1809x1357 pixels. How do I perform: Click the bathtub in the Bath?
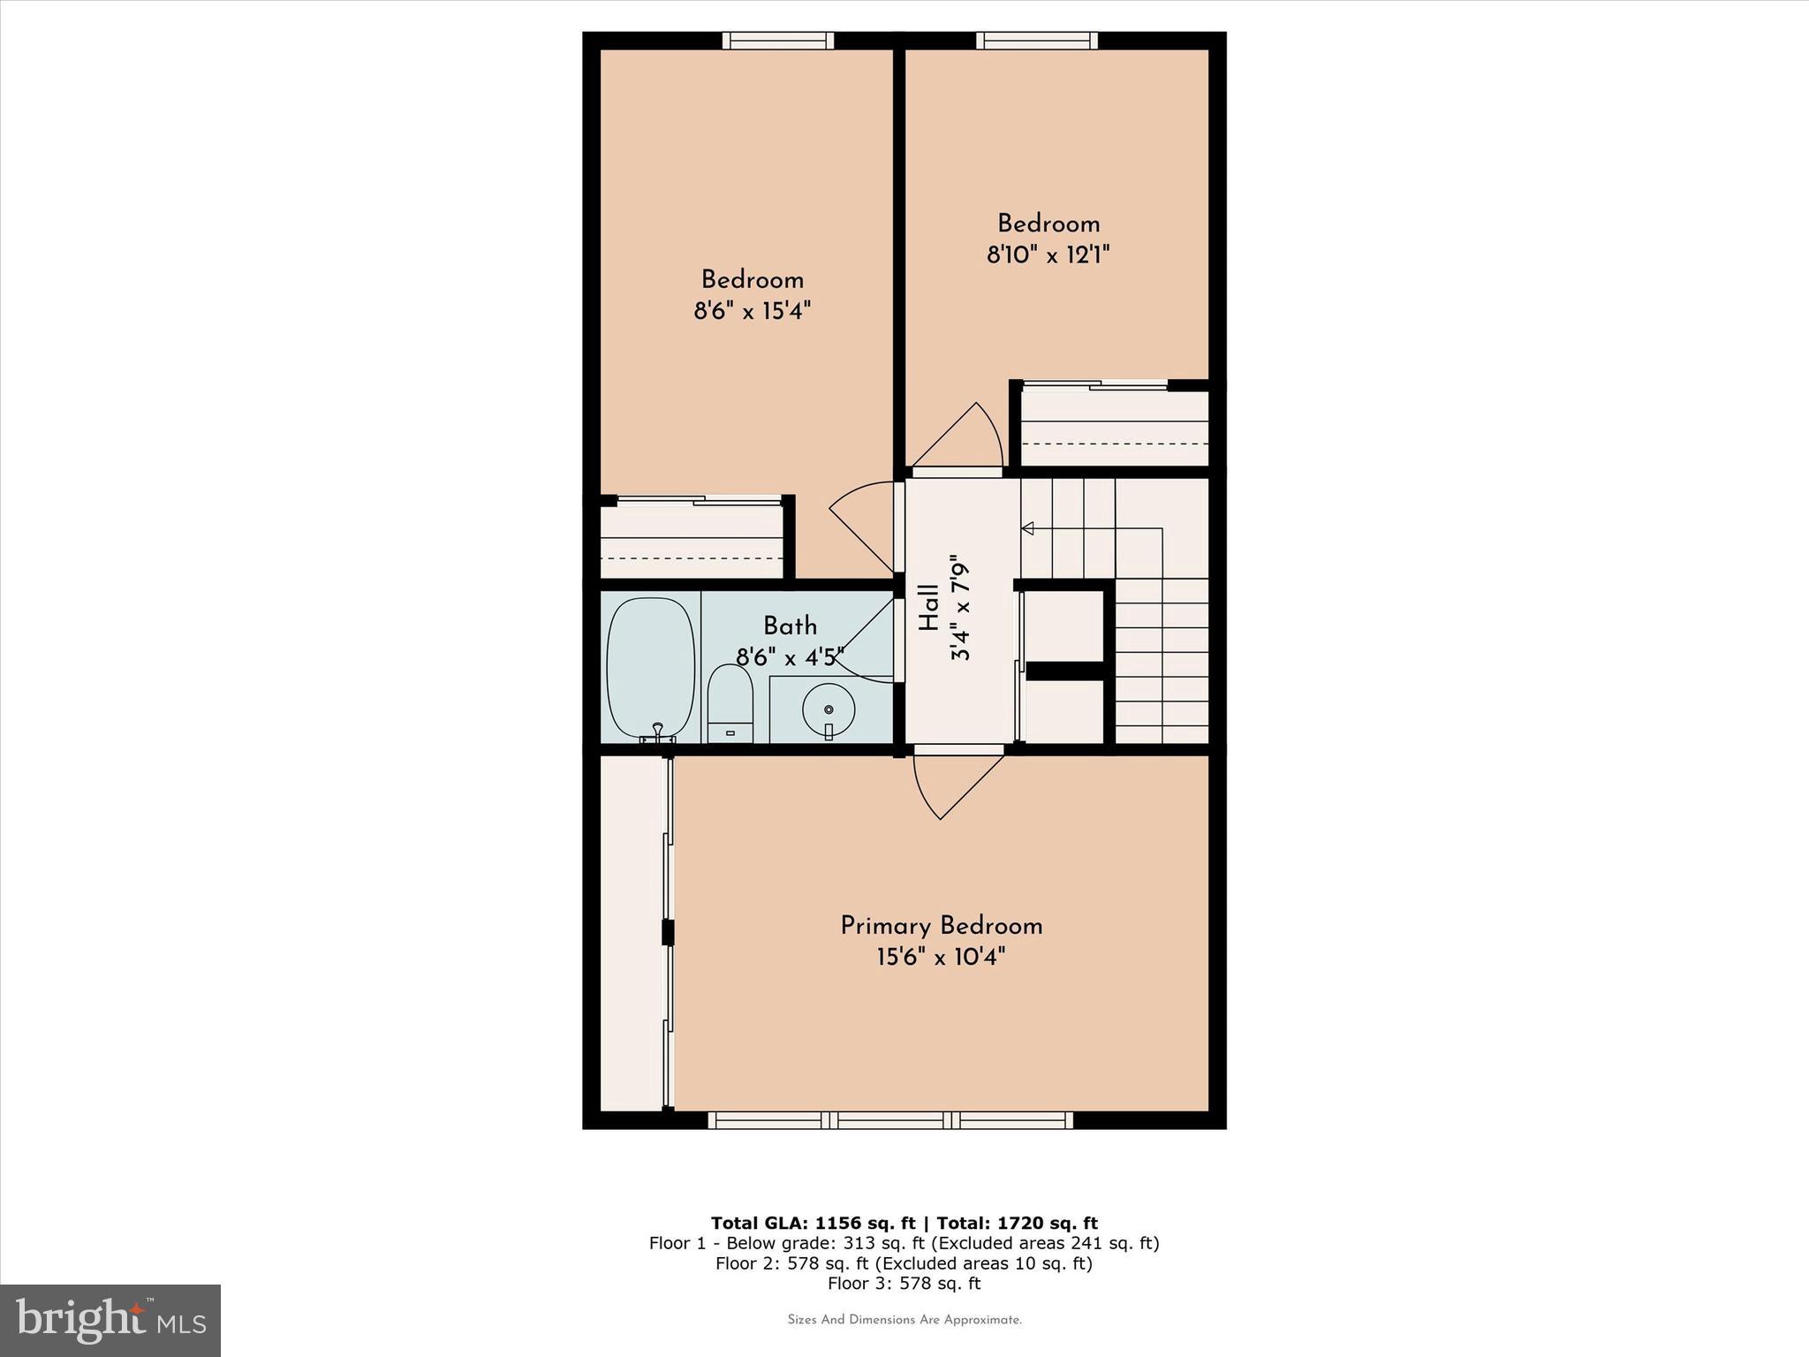pos(652,668)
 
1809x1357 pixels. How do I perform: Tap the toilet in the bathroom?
pos(730,704)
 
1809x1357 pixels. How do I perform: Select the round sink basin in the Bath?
pos(829,709)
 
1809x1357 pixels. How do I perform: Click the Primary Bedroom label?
pos(941,926)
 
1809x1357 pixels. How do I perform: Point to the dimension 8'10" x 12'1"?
pos(1048,254)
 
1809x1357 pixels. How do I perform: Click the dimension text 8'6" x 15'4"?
pos(753,311)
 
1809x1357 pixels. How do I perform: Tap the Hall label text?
pos(928,608)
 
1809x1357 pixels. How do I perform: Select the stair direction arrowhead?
pos(1027,528)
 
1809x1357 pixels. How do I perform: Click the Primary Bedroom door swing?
pos(958,785)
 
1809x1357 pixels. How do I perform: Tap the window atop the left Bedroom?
pos(778,40)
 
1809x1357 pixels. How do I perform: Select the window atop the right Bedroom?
pos(1037,40)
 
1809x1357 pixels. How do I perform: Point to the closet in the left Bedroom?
pos(693,540)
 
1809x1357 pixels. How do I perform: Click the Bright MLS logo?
pos(110,1320)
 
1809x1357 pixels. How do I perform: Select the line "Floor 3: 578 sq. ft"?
pos(904,1284)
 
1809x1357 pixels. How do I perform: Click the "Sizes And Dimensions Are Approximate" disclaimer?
pos(904,1320)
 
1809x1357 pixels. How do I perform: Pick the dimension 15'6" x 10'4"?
pos(941,957)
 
